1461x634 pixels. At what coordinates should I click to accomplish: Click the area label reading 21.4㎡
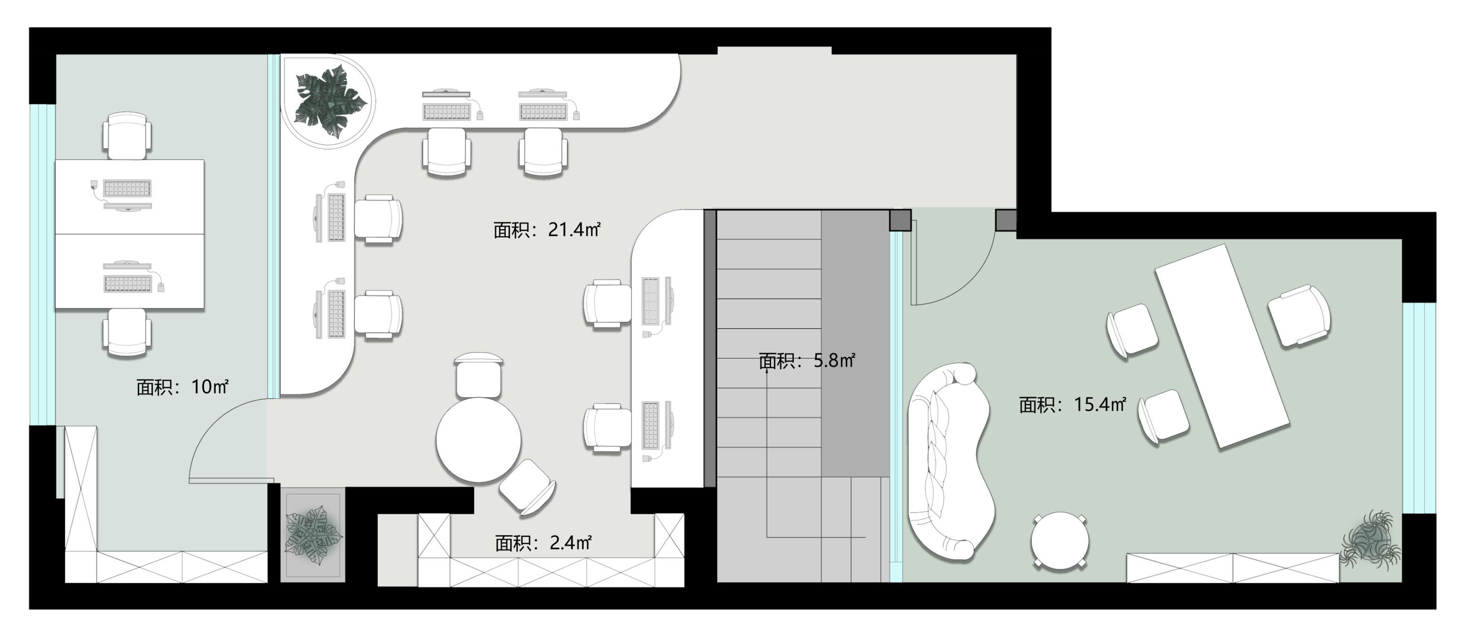point(546,230)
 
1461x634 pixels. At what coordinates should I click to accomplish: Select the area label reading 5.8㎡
point(806,361)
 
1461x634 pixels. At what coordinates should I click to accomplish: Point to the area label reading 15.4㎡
point(1072,404)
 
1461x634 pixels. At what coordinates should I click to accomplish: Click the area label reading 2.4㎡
point(543,543)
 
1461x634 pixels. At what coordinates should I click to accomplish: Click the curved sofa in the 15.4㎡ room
point(948,461)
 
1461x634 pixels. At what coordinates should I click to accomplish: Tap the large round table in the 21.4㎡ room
point(479,441)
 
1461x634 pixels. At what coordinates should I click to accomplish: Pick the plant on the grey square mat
point(312,534)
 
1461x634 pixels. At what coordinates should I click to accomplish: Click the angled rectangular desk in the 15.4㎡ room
point(1222,346)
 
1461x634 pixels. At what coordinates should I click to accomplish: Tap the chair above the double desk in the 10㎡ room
point(127,136)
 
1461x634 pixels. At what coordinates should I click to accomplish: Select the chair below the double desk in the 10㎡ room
point(127,333)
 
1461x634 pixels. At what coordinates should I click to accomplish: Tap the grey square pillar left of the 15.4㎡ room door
point(900,220)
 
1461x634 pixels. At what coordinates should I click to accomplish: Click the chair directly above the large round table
point(479,375)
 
